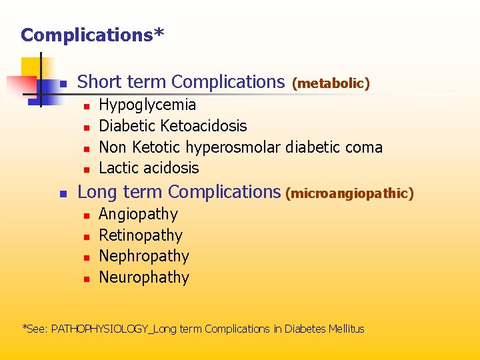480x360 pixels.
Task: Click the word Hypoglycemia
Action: (147, 105)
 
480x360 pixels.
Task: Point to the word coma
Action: (363, 147)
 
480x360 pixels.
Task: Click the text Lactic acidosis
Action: (149, 168)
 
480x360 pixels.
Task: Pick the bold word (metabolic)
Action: (331, 83)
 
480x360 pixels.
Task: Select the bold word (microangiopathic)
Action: (349, 193)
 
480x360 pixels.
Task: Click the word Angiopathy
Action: (138, 215)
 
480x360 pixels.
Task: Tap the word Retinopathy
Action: (140, 235)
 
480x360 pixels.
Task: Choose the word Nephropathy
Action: (144, 256)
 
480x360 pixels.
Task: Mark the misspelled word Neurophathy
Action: (144, 277)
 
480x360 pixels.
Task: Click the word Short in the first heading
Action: (97, 82)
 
